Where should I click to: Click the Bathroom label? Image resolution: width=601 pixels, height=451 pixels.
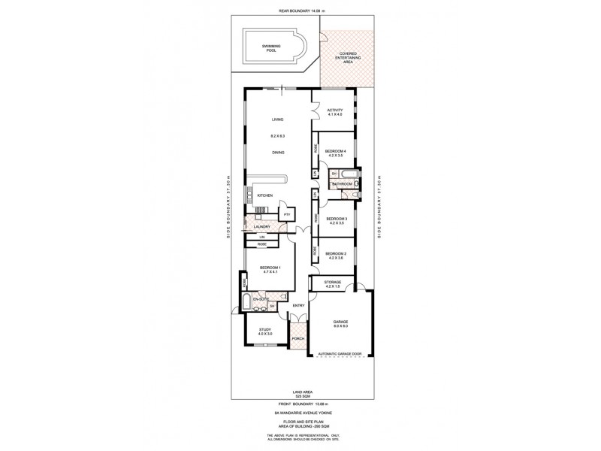(x=343, y=183)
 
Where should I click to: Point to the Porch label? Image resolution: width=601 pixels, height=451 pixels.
(x=298, y=337)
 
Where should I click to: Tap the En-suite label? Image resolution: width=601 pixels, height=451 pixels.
(x=261, y=299)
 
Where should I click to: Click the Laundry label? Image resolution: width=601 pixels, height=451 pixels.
(x=261, y=226)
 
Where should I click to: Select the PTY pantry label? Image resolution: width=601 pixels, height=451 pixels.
(x=287, y=214)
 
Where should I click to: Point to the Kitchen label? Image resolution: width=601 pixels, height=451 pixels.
(x=265, y=195)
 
